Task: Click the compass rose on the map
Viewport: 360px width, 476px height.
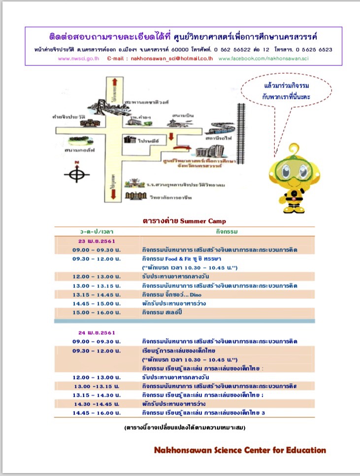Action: (76, 174)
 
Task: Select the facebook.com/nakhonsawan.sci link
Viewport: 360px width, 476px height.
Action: (263, 58)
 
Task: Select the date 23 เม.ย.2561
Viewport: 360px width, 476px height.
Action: (96, 241)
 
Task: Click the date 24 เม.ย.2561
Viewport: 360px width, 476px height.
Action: (96, 333)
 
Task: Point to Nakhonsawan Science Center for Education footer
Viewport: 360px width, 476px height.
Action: (240, 450)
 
